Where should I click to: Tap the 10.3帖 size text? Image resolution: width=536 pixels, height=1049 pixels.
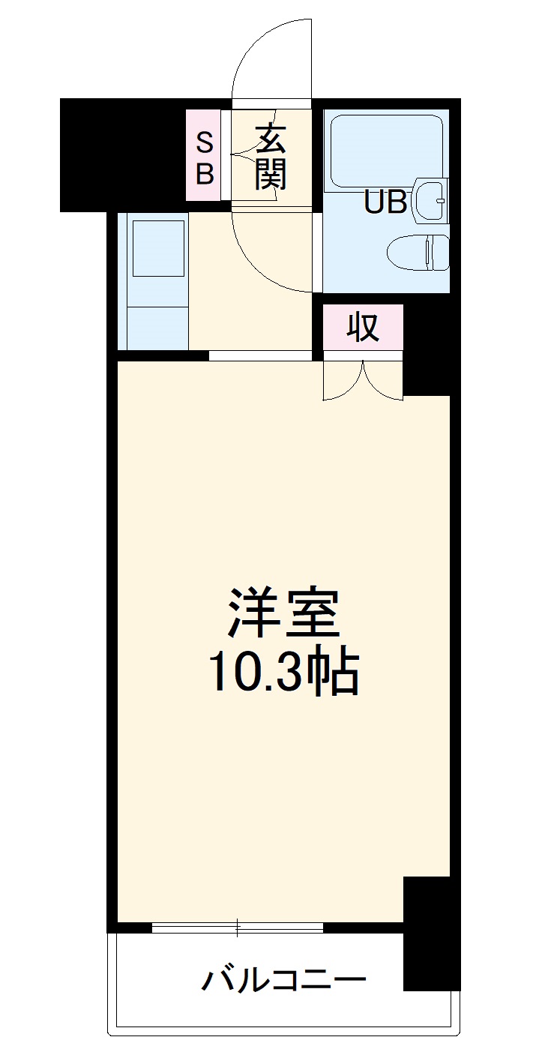(x=283, y=672)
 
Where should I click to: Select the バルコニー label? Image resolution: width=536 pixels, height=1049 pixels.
(x=283, y=979)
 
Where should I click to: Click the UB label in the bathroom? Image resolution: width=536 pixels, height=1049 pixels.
(x=385, y=202)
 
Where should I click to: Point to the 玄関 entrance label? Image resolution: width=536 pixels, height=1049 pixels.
(x=271, y=157)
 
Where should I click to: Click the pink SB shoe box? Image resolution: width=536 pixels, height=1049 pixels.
(x=204, y=156)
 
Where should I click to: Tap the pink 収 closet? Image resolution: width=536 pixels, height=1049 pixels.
(x=364, y=327)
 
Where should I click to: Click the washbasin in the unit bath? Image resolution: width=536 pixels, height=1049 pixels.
(x=432, y=199)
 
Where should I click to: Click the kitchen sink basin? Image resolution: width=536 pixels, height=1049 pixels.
(x=158, y=248)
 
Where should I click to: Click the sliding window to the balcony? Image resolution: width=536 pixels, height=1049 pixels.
(x=238, y=928)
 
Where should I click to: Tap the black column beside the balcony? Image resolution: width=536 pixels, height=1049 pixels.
(x=431, y=934)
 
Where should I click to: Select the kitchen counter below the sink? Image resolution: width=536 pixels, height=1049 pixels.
(x=158, y=327)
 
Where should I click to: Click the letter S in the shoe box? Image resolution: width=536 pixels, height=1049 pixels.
(x=204, y=140)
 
